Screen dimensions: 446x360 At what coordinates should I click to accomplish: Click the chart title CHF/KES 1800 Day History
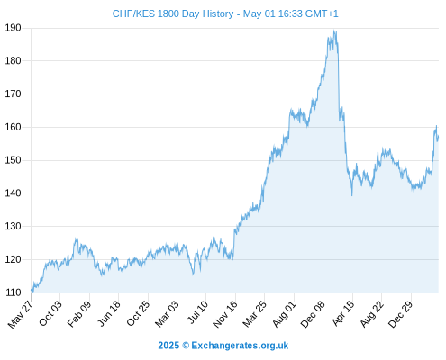[173, 13]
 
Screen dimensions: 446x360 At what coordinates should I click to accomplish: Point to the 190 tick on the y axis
[13, 28]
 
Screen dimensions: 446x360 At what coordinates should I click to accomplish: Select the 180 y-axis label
[13, 61]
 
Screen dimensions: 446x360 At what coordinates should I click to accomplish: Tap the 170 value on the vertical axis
[13, 94]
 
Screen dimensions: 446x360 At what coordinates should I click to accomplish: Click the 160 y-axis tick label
[13, 127]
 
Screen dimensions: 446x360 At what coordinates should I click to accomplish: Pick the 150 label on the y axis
[13, 160]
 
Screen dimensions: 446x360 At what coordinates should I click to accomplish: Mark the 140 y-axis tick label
[13, 193]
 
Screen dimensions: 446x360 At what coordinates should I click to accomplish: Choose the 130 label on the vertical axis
[13, 226]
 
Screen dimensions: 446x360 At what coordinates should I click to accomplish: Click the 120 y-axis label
[13, 259]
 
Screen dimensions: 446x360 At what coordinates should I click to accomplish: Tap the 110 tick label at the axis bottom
[13, 292]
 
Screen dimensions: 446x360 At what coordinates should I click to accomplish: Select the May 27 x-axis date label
[20, 314]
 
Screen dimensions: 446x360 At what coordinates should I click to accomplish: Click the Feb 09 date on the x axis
[78, 314]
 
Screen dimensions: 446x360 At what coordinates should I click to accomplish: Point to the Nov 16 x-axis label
[225, 314]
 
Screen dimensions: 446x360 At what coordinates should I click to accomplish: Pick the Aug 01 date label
[284, 314]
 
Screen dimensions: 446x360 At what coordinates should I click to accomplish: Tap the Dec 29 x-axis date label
[401, 314]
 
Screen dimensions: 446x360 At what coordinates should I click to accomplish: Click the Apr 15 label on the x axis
[342, 313]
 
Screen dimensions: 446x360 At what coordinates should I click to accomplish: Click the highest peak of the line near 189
[334, 31]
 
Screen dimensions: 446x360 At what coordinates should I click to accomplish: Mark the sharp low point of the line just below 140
[352, 195]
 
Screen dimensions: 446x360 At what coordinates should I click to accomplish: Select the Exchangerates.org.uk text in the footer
[240, 346]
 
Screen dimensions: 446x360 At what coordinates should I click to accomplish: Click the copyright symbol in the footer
[186, 346]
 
